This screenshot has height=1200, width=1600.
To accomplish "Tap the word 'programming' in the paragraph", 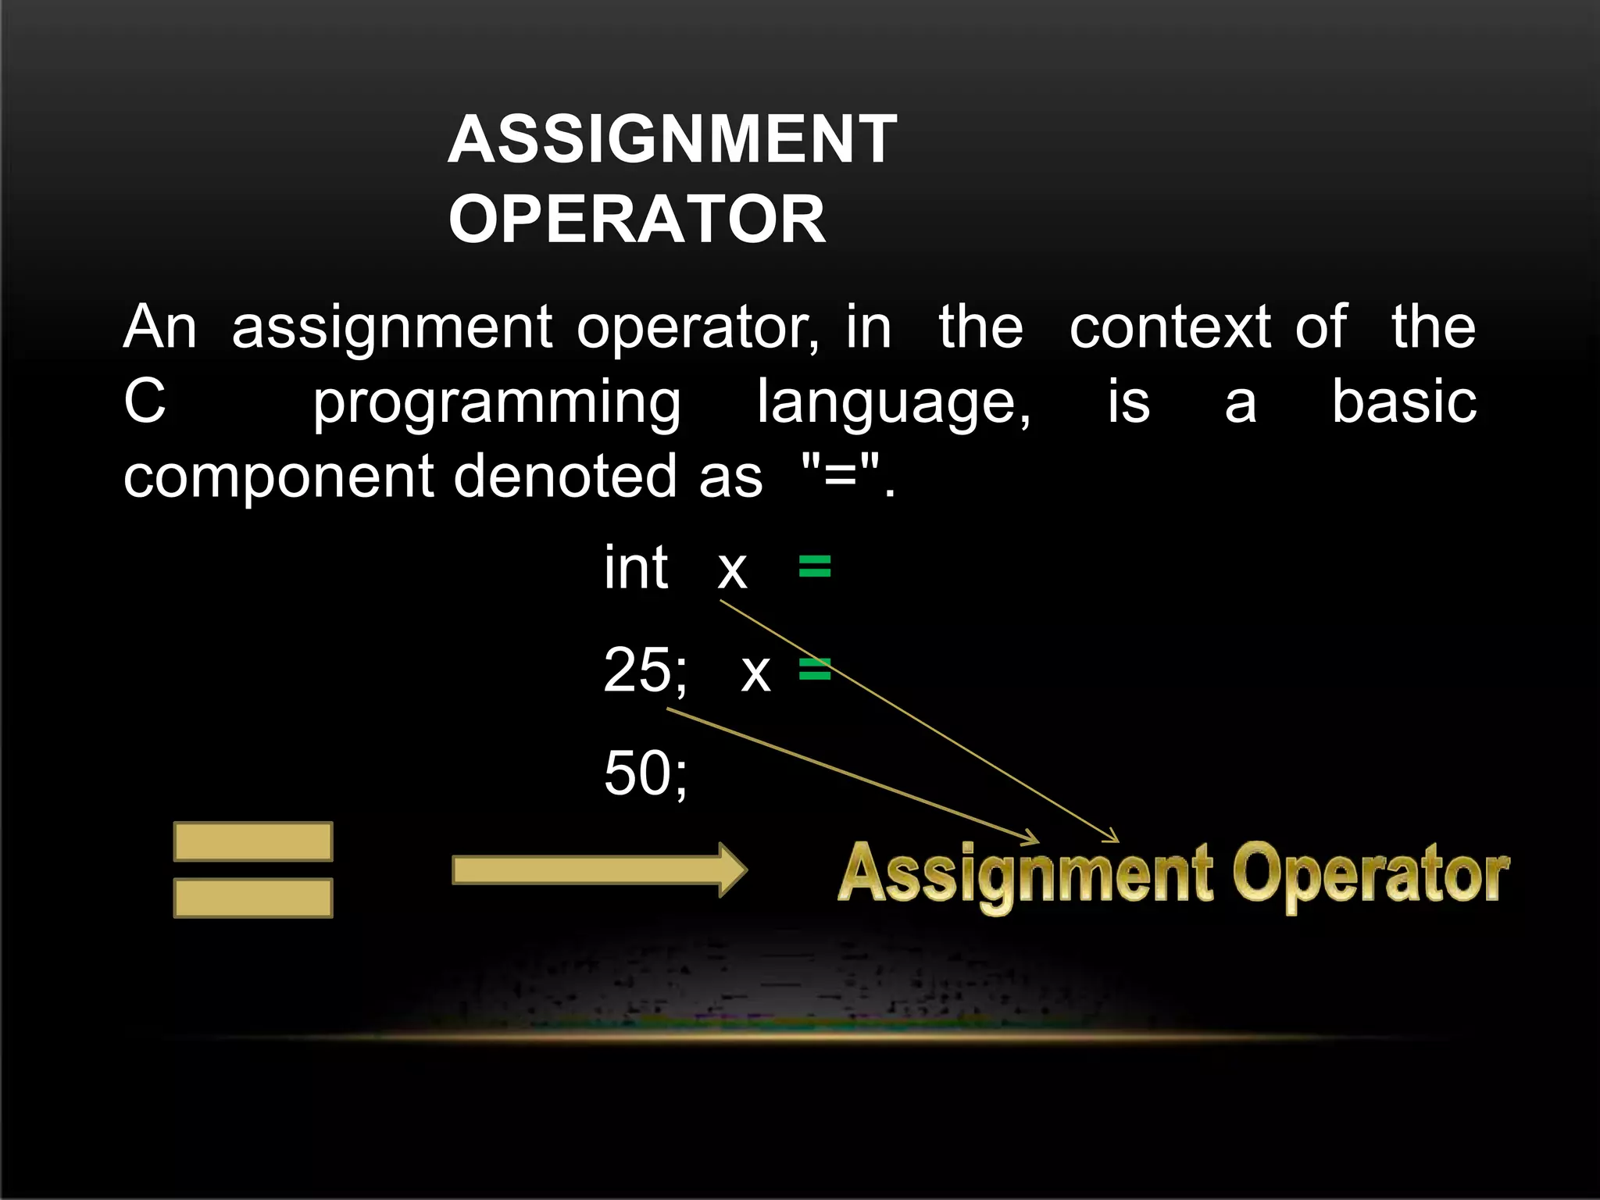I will [x=497, y=404].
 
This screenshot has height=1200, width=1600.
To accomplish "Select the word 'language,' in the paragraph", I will [x=894, y=404].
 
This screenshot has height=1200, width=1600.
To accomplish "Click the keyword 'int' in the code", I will [x=635, y=568].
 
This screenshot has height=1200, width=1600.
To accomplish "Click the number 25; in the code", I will [x=645, y=670].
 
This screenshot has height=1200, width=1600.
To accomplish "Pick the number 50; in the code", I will [x=645, y=773].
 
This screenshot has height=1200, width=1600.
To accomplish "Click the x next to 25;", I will [x=755, y=672].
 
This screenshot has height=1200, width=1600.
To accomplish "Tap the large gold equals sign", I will [x=253, y=870].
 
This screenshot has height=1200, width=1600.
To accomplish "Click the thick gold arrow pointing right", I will [x=598, y=870].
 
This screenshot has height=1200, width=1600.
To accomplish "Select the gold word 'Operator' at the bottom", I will [x=1370, y=875].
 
